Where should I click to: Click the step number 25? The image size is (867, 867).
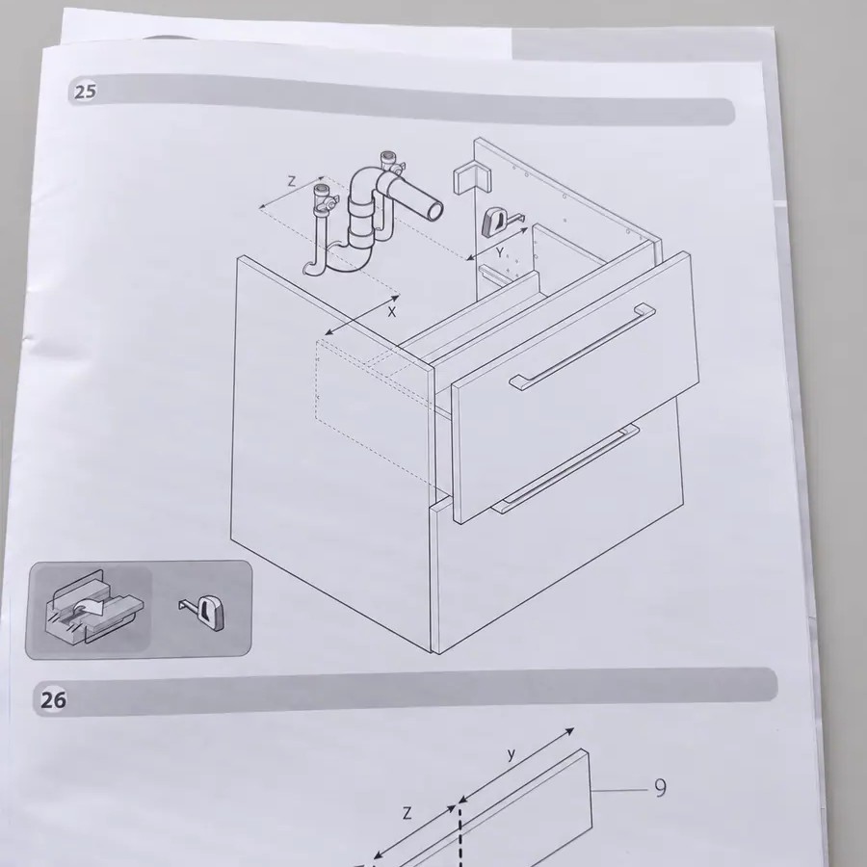(x=85, y=92)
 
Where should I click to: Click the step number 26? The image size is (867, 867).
(x=53, y=700)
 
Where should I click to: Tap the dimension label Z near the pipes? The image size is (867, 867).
(x=291, y=181)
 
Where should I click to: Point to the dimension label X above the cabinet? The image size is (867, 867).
(x=392, y=312)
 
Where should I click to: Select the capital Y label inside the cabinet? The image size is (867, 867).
(x=500, y=252)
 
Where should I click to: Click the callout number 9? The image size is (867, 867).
(x=660, y=788)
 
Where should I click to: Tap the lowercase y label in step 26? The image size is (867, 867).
(x=512, y=753)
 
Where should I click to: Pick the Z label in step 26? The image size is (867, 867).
(x=407, y=813)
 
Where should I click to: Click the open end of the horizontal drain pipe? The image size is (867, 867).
(x=435, y=210)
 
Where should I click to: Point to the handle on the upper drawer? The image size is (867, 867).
(x=582, y=346)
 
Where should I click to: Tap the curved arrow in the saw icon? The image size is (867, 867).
(x=89, y=607)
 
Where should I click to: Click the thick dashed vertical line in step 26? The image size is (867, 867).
(x=460, y=836)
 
